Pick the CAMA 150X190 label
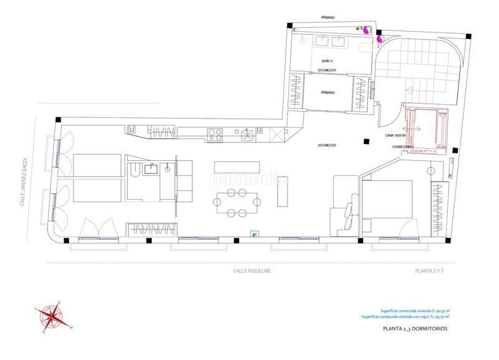[x=396, y=134]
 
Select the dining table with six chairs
[x=237, y=202]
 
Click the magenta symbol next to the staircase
[x=379, y=40]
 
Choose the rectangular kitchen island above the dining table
[x=237, y=167]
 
